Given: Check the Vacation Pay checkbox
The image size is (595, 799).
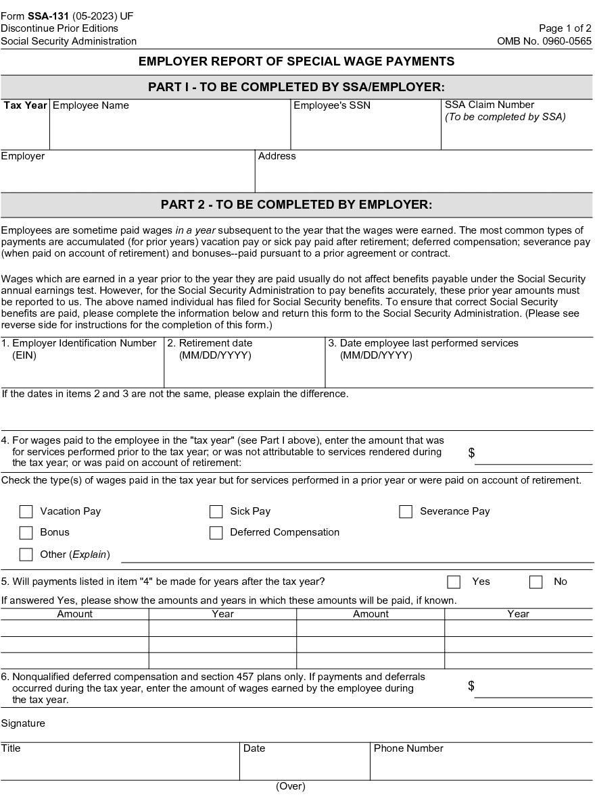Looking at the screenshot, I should point(26,512).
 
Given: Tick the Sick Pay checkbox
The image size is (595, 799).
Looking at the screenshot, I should point(216,512).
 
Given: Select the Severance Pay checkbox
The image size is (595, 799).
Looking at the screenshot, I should point(406,512).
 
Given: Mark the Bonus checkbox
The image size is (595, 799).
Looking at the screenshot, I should point(26,533).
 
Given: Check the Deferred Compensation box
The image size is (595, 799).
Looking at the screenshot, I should point(216,533).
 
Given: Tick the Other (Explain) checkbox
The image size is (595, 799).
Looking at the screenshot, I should point(26,555).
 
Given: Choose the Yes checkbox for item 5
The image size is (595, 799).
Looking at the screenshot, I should point(454,582).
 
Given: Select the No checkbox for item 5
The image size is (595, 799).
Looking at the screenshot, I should point(536,582).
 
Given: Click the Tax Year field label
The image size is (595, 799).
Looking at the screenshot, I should point(25,105).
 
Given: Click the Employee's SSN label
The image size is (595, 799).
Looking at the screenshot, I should point(332,105).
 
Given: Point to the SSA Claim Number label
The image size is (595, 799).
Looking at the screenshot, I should point(490,105).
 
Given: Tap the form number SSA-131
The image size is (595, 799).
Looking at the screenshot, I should point(48,16).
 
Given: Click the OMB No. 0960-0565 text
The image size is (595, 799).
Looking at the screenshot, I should point(544,41).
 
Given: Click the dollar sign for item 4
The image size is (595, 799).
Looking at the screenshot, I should point(471,453).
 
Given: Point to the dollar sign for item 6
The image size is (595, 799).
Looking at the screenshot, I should point(471,686).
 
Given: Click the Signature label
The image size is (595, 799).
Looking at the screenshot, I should point(23,723).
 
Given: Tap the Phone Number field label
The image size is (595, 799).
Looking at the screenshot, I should point(408,748).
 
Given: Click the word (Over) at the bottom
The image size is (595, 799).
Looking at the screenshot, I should point(291,786).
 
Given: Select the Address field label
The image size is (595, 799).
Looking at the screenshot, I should point(277,156).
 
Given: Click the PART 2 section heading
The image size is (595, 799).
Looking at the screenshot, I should point(296,205).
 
